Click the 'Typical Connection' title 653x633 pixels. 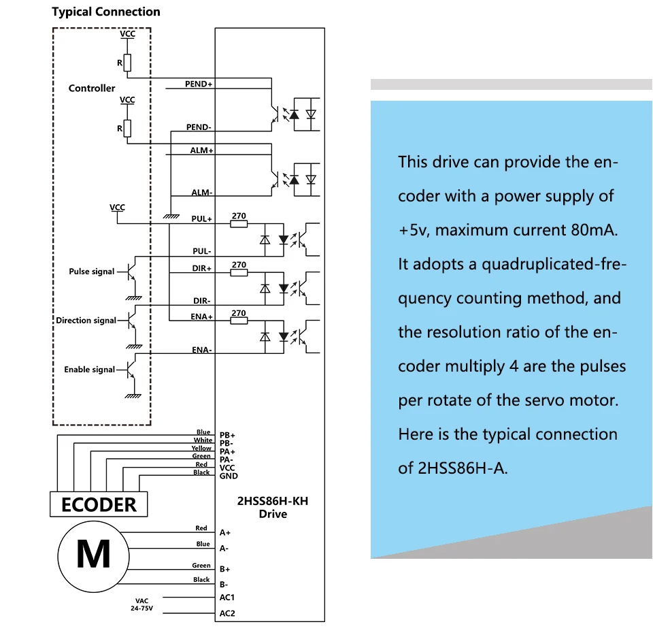106,12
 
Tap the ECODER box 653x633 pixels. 99,504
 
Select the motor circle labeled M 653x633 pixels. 93,556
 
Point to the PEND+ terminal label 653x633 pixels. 199,84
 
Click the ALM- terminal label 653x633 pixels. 201,193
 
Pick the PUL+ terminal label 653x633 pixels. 201,218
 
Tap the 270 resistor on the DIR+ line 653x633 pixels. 239,272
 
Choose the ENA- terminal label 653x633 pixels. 201,350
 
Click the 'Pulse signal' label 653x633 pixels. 92,272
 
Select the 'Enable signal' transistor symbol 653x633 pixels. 131,370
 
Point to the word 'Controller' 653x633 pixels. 92,88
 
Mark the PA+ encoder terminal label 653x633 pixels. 227,452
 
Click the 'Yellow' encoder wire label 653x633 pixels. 201,448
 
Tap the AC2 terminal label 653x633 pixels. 227,613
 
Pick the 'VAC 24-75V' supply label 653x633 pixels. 141,604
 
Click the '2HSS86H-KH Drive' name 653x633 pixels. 273,507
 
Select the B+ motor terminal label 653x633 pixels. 225,569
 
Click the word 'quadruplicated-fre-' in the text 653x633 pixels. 554,264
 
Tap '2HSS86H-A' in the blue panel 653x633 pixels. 463,468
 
